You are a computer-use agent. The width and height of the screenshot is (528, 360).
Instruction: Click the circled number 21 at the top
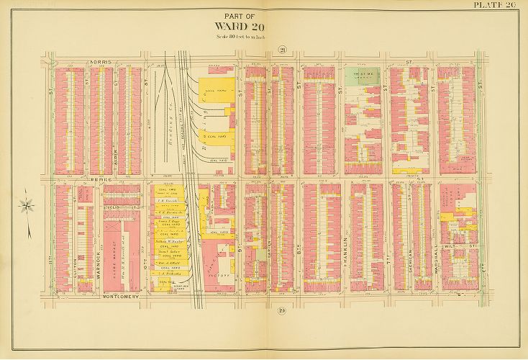[x=283, y=50]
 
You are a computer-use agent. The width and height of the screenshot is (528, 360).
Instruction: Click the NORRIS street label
[x=102, y=62]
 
